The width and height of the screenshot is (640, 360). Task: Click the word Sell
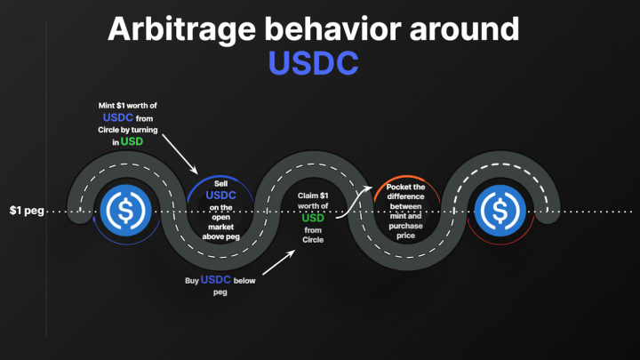221,184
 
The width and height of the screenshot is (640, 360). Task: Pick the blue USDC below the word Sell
221,196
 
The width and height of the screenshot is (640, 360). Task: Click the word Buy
190,280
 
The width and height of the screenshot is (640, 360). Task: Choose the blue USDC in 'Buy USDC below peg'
216,279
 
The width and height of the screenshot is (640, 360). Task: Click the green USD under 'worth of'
313,218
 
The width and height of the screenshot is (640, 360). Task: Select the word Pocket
405,187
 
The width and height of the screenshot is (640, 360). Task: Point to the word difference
405,207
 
